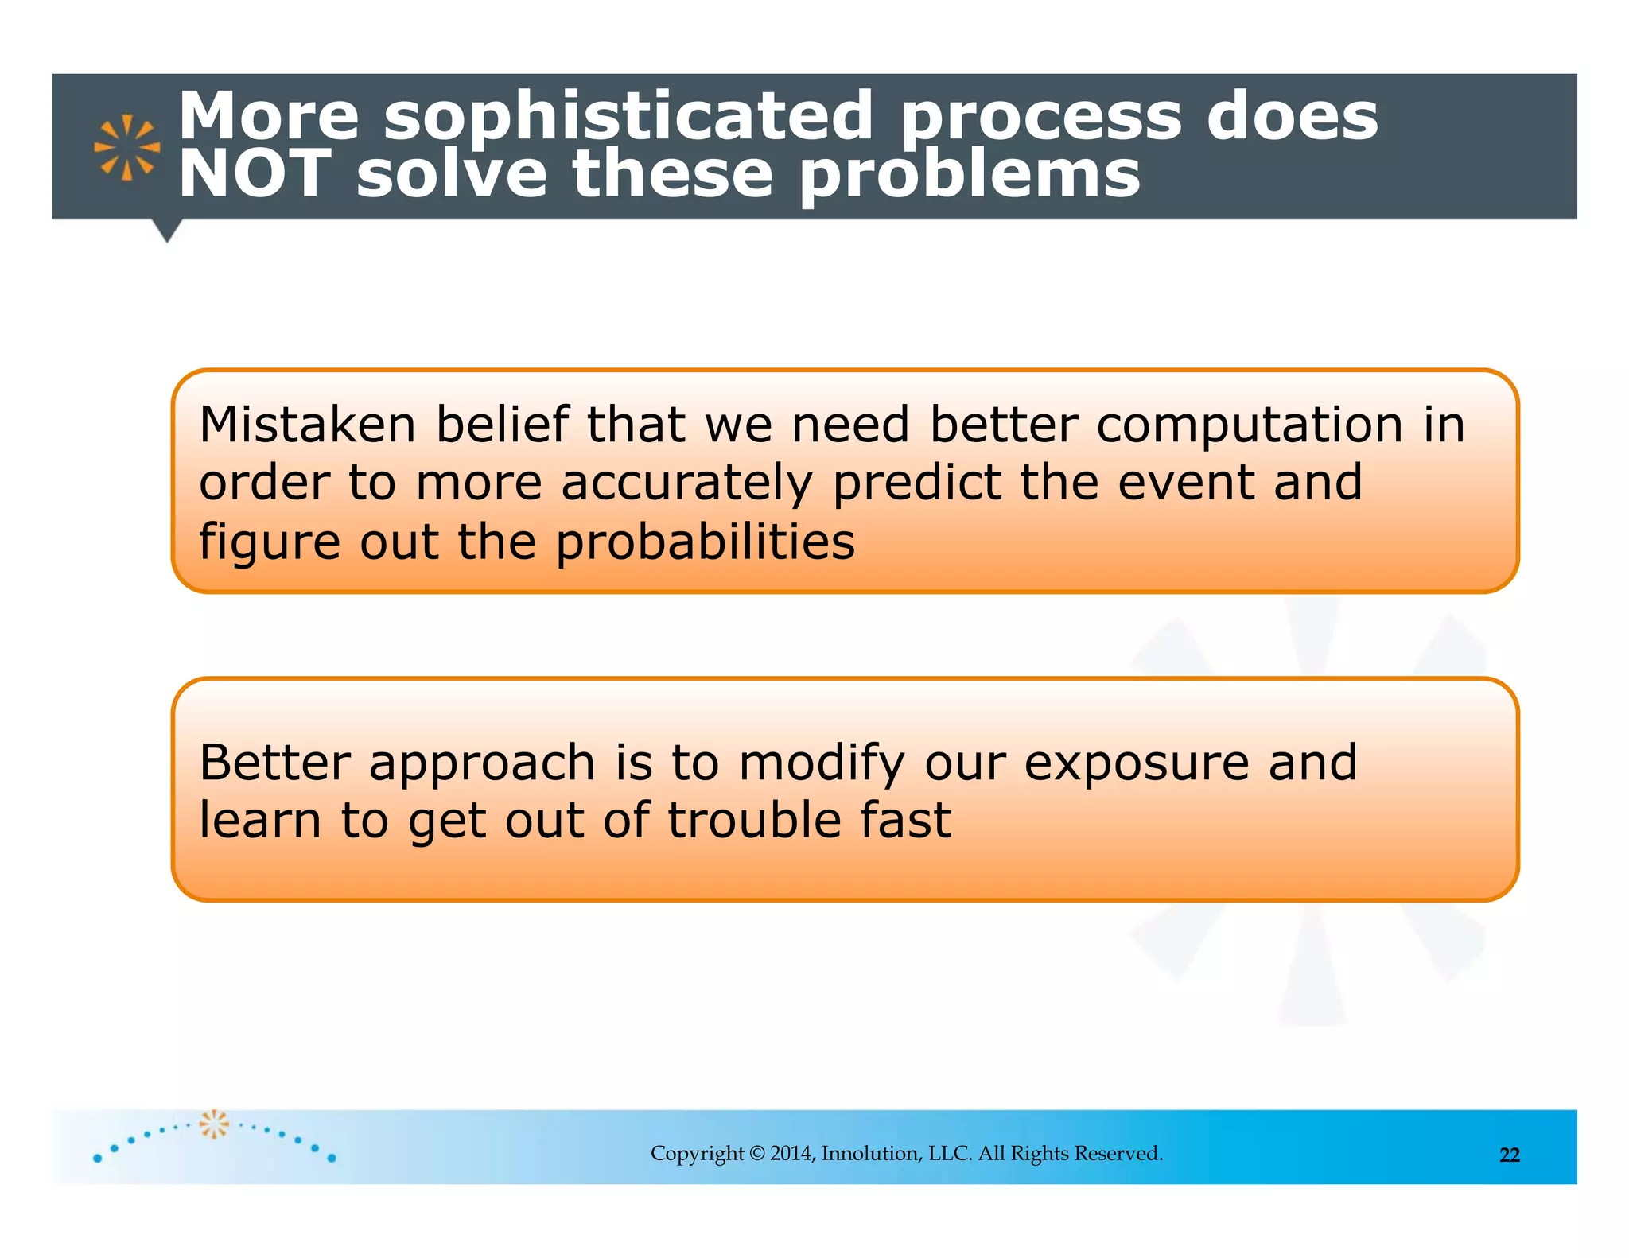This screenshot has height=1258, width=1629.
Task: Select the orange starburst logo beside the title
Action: [126, 148]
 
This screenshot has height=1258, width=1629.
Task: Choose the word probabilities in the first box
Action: [705, 543]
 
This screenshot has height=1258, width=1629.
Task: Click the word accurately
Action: [687, 483]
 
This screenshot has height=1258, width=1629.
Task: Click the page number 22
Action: [1509, 1155]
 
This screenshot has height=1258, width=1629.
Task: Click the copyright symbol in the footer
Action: [756, 1153]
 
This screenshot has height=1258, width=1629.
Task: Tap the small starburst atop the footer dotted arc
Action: [213, 1124]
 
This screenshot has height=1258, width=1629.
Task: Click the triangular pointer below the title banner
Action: [167, 230]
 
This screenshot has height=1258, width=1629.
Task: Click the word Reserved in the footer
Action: [1118, 1153]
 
